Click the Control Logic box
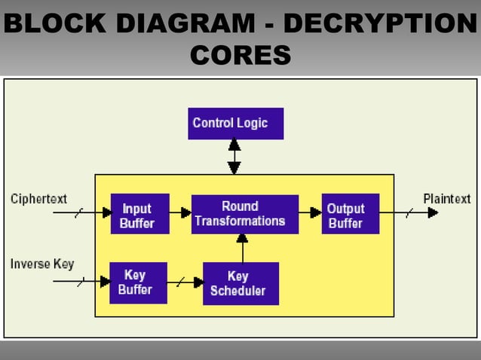235,124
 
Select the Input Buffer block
139,214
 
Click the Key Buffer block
138,282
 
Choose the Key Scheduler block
240,283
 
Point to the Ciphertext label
38,199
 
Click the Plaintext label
447,199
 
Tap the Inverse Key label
42,264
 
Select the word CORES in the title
240,56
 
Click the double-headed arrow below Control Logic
234,157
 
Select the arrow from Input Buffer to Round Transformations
180,213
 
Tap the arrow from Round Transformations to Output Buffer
310,213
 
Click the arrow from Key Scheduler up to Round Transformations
242,247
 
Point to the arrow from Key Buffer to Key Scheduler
185,282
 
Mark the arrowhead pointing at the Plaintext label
433,213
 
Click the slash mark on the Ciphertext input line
79,213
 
